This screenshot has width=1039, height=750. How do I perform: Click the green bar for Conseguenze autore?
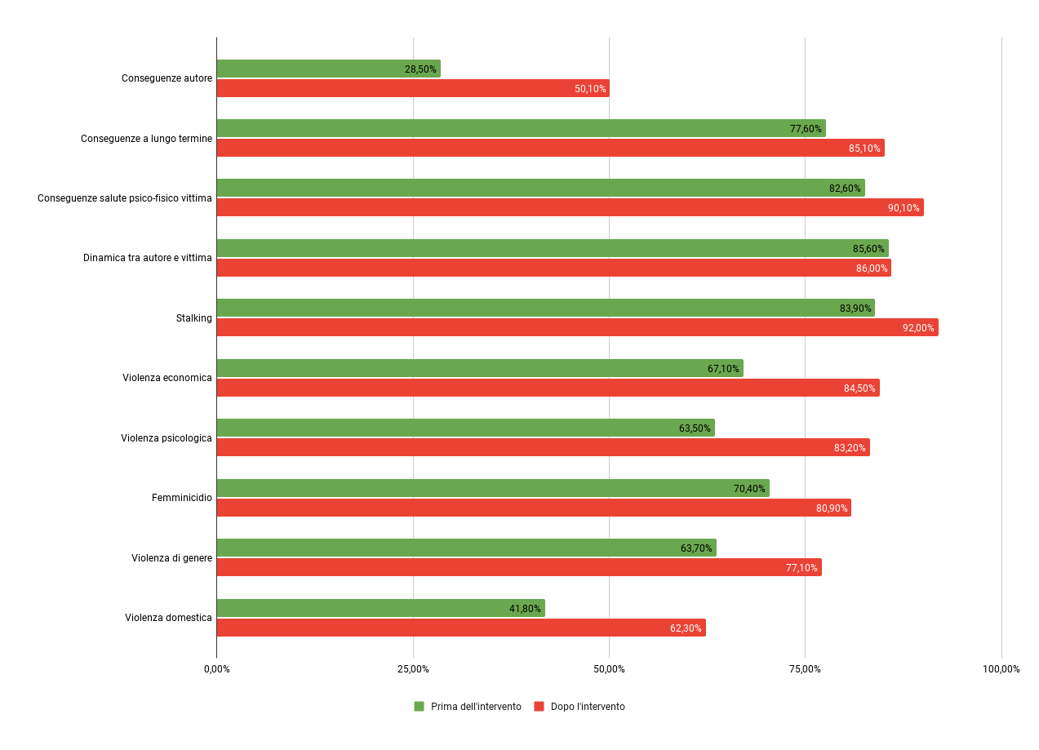pos(326,69)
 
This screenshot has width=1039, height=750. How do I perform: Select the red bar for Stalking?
pos(571,327)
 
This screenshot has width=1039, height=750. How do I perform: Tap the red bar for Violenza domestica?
pos(457,628)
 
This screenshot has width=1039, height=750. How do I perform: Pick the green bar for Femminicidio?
pos(490,488)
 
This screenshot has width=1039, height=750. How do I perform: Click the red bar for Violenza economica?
pos(547,388)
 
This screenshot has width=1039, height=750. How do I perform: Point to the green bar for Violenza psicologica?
pos(465,428)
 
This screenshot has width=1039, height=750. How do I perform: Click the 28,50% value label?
pos(420,69)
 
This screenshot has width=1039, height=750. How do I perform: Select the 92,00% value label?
pos(918,328)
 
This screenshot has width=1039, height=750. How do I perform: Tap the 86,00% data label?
pos(871,268)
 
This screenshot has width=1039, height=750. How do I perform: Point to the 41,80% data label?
pos(525,609)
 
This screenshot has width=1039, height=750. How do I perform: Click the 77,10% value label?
pos(801,568)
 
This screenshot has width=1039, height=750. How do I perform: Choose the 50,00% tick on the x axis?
pos(609,669)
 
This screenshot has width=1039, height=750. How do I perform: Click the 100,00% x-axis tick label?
pos(1001,669)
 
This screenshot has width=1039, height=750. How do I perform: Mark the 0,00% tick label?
pos(216,669)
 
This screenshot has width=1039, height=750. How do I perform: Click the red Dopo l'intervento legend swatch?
pos(539,707)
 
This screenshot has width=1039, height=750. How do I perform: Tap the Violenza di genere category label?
pos(171,558)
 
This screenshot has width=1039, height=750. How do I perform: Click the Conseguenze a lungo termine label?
pos(146,139)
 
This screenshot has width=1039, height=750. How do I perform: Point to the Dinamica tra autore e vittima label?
pos(147,258)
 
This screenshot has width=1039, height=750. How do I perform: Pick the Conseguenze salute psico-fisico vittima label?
pos(124,198)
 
